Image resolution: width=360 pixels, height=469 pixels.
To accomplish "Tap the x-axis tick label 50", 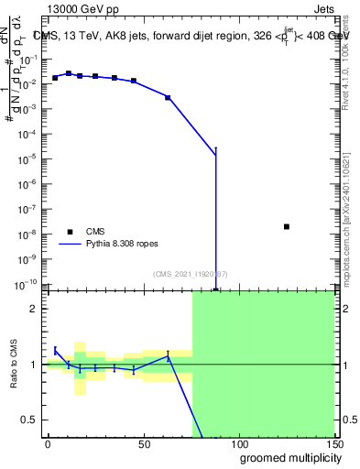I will (144, 444).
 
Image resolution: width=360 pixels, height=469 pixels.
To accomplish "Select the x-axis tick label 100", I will (239, 444).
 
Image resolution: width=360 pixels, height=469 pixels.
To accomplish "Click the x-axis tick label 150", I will (333, 444).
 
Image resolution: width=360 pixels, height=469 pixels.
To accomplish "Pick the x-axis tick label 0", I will (48, 444).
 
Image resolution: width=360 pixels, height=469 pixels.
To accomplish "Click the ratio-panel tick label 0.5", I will (29, 420).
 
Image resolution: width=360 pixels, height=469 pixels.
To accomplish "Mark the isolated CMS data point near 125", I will (287, 226).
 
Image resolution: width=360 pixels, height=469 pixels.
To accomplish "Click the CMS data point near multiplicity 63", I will (168, 97).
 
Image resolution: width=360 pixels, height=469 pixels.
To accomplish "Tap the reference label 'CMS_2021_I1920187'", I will (190, 273).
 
